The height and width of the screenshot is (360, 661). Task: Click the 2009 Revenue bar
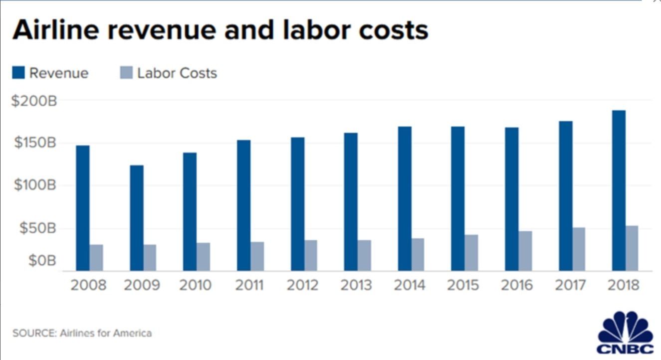(137, 218)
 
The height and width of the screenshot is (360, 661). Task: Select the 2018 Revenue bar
(619, 190)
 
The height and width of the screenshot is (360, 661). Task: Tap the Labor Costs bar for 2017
(579, 249)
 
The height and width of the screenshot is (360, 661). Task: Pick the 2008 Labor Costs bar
(96, 258)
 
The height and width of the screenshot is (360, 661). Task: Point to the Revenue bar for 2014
(405, 198)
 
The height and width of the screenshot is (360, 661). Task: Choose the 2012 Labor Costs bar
(311, 255)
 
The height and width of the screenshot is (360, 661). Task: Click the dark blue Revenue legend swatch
(18, 73)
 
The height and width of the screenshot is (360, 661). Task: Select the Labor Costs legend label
(177, 73)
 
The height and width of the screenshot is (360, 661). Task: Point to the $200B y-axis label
(35, 101)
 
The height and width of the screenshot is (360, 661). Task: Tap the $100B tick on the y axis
(35, 185)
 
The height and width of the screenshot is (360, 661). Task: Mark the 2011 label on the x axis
(250, 285)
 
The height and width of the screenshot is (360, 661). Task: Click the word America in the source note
(132, 333)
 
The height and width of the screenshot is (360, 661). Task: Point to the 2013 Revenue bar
(351, 201)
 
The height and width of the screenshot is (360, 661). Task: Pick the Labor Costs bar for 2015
(471, 253)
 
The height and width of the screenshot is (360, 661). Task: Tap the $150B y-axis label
(35, 143)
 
